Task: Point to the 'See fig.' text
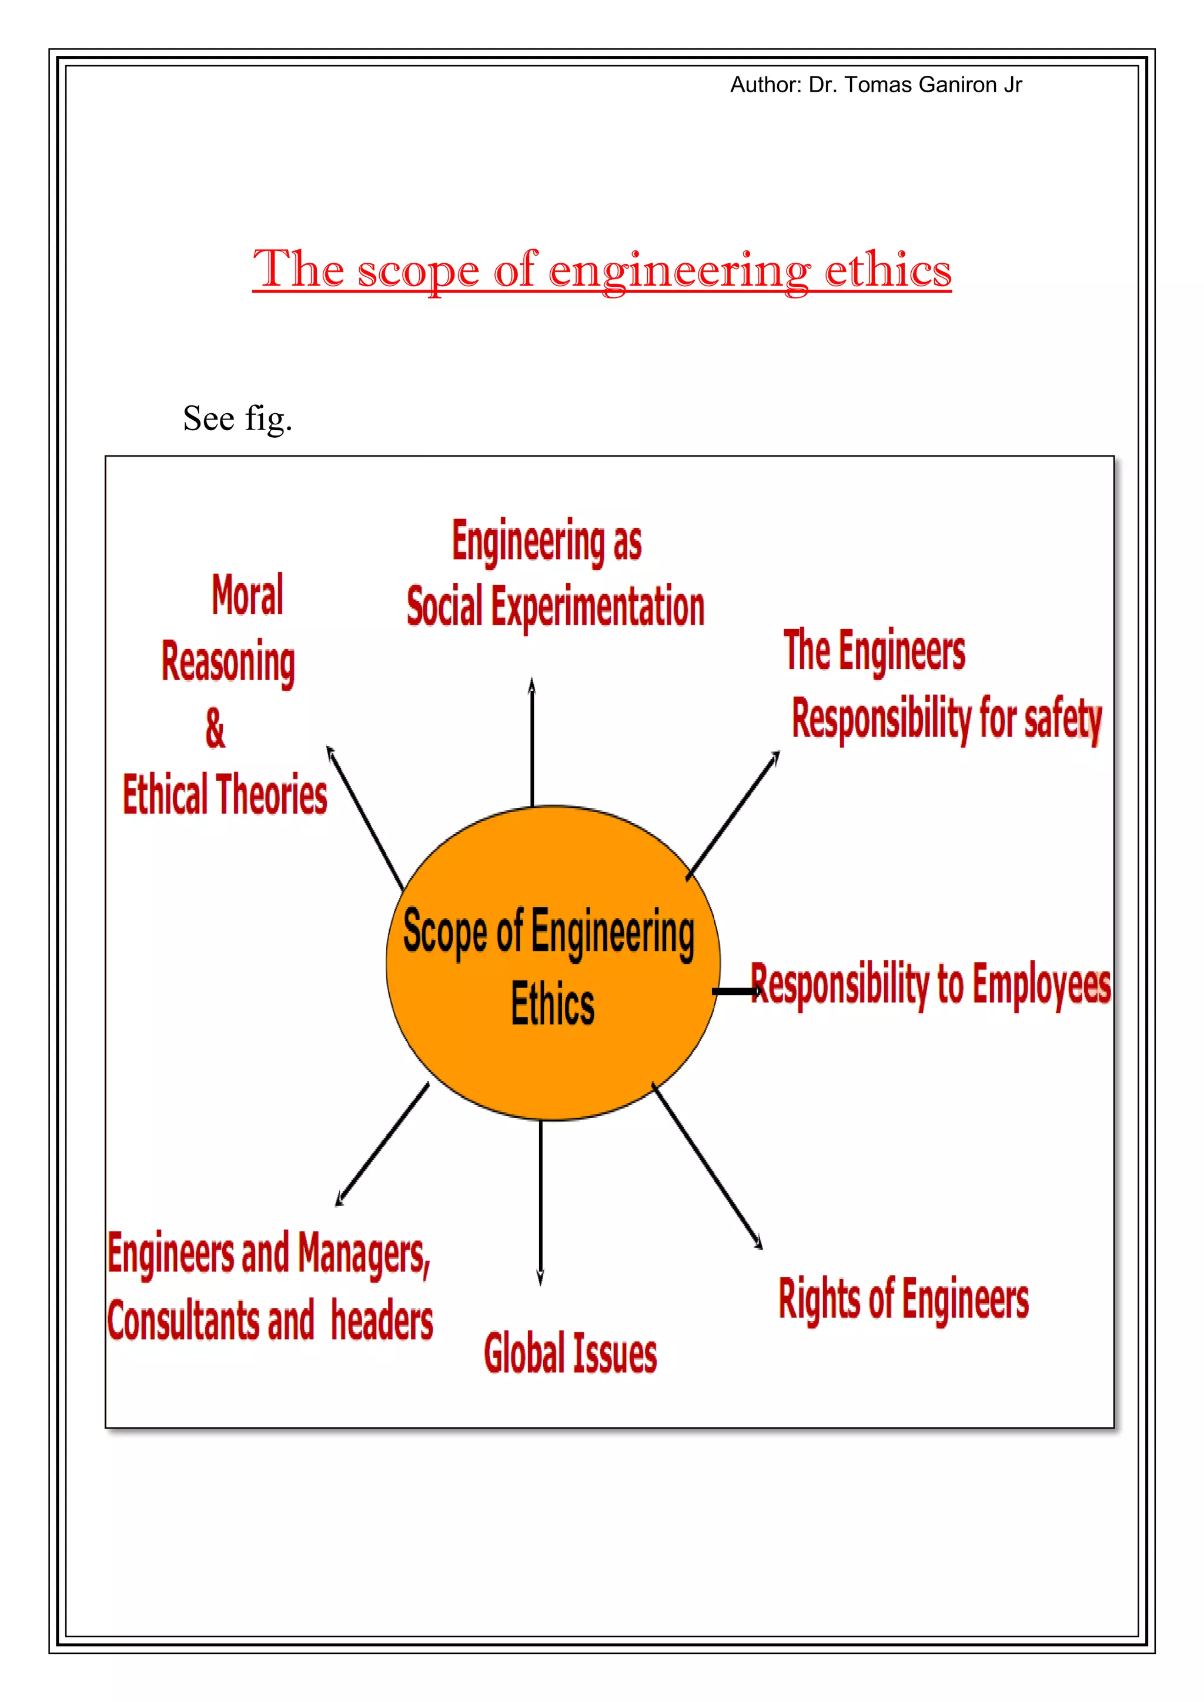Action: [238, 419]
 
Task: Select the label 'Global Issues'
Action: [570, 1352]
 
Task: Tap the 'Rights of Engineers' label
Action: [903, 1299]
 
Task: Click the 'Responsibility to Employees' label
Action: [931, 984]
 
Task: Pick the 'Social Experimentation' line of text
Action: [556, 607]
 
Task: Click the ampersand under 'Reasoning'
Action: [215, 728]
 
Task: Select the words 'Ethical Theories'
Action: [225, 794]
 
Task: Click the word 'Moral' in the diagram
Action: [248, 595]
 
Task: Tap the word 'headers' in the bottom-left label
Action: [382, 1321]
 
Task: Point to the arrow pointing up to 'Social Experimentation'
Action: [531, 741]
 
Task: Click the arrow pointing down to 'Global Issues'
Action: [540, 1201]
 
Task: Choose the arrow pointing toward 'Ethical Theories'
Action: [364, 818]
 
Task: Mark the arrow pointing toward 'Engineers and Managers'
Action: [383, 1144]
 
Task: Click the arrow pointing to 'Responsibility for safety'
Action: [733, 815]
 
